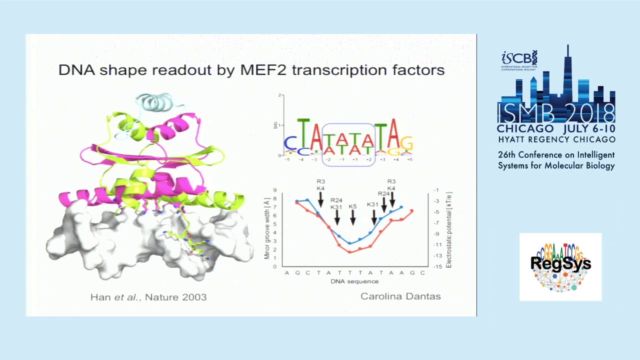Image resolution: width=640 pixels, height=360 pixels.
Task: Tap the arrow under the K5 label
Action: pos(353,217)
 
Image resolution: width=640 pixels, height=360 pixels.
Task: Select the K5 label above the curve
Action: pos(352,206)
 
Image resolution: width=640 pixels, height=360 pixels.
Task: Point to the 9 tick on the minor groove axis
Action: pos(274,190)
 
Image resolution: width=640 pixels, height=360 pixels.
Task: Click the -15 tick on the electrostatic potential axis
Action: pos(437,266)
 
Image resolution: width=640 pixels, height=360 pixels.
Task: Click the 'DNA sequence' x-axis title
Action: pos(354,281)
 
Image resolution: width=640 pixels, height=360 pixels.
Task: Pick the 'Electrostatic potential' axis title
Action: pos(448,229)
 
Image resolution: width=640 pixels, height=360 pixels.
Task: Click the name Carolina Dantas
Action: pos(400,296)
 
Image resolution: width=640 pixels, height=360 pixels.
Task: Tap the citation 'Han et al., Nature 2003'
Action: pos(148,297)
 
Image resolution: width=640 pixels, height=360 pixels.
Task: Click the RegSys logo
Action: pos(560,266)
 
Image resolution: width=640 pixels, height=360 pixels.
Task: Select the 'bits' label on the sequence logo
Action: pos(275,125)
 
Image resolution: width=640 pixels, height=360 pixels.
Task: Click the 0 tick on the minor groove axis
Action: pos(274,266)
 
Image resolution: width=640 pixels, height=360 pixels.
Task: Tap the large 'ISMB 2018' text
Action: pos(556,113)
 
